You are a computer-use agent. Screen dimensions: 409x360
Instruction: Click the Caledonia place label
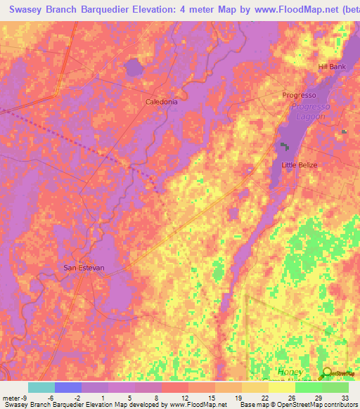point(161,101)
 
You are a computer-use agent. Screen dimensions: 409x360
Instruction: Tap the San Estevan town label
point(84,268)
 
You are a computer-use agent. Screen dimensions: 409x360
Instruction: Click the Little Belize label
point(300,165)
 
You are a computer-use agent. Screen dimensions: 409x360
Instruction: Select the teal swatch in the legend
point(41,387)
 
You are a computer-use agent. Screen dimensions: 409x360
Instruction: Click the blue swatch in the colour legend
point(67,387)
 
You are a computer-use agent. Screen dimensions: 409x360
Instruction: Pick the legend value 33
point(344,398)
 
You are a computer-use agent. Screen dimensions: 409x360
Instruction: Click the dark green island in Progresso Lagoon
point(285,147)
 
